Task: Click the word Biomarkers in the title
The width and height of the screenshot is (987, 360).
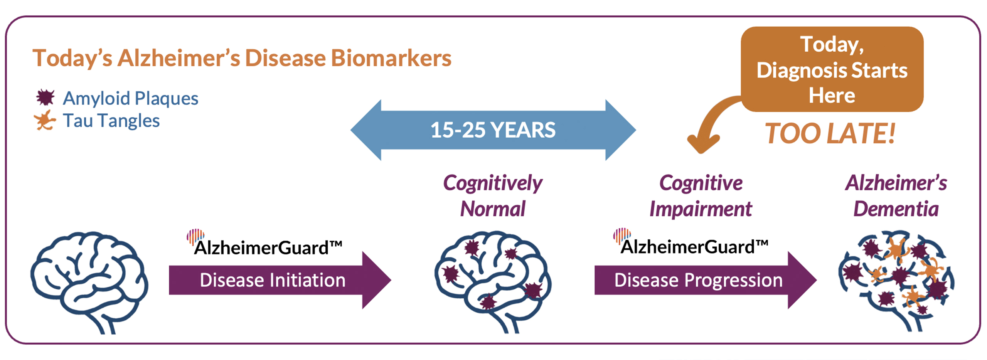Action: pos(391,59)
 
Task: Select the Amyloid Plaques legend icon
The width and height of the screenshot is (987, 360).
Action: pos(45,98)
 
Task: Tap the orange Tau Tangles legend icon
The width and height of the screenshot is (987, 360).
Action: pos(45,120)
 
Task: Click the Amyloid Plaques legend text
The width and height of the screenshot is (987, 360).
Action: pos(131,98)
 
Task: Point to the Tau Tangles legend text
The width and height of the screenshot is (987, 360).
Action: pos(111,121)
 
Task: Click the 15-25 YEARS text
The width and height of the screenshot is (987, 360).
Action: pos(493,130)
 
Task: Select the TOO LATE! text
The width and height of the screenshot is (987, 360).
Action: pos(830,134)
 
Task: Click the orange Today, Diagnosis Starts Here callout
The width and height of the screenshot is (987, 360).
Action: pos(832,69)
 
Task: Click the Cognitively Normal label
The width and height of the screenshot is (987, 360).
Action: pos(493,196)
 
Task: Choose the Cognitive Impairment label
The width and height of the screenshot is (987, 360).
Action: pos(701,196)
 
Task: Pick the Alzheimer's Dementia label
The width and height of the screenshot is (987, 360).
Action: pos(896,196)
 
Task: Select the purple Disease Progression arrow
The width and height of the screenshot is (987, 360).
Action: pos(698,280)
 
